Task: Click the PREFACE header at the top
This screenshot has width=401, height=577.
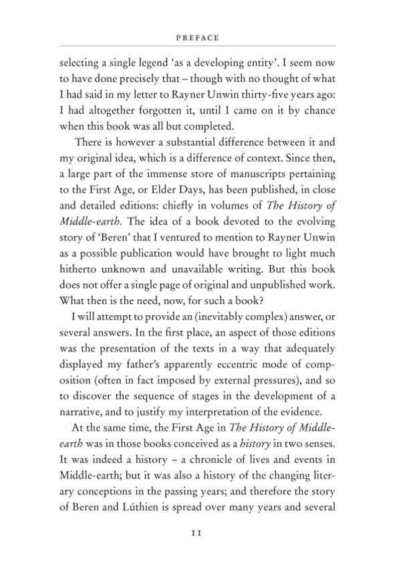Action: pos(200,38)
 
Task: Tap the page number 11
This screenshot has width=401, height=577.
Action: pos(200,533)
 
